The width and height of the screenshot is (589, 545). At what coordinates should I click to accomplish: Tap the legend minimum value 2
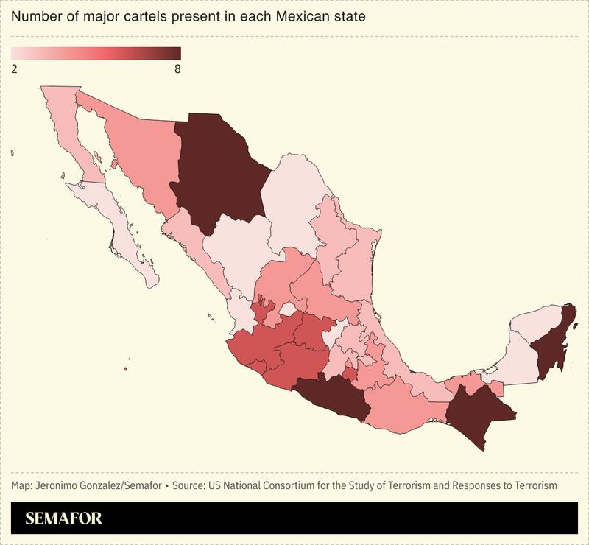click(15, 68)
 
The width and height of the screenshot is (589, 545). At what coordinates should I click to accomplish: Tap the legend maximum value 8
click(177, 68)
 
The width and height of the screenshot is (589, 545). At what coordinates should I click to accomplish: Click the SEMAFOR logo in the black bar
click(63, 518)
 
